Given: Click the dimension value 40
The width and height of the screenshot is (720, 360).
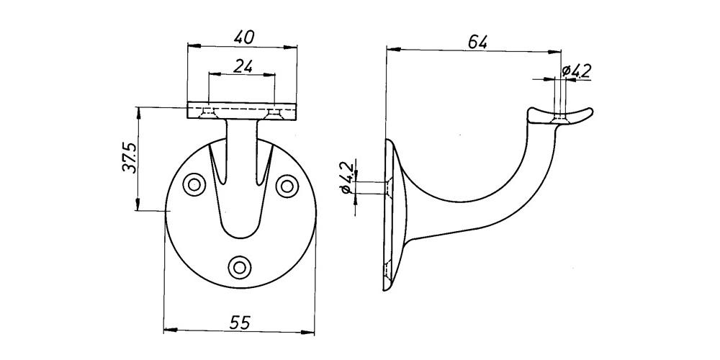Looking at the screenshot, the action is [x=243, y=37].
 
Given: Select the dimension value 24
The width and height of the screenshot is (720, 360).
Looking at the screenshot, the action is [x=243, y=66].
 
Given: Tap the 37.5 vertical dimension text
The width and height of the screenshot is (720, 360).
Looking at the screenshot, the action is [x=130, y=157].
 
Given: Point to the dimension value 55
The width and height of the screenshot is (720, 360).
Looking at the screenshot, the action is [x=239, y=323].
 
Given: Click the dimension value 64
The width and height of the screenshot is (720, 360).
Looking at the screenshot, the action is [x=477, y=42].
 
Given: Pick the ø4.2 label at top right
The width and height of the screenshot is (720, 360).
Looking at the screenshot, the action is [x=577, y=71].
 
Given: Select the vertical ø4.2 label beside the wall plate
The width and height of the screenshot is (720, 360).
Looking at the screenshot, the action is [x=348, y=177].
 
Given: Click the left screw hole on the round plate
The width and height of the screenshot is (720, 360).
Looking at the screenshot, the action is [x=194, y=185].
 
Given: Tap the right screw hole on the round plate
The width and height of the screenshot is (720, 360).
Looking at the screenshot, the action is [x=287, y=186].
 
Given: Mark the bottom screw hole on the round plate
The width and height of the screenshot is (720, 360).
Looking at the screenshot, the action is [x=240, y=267].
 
